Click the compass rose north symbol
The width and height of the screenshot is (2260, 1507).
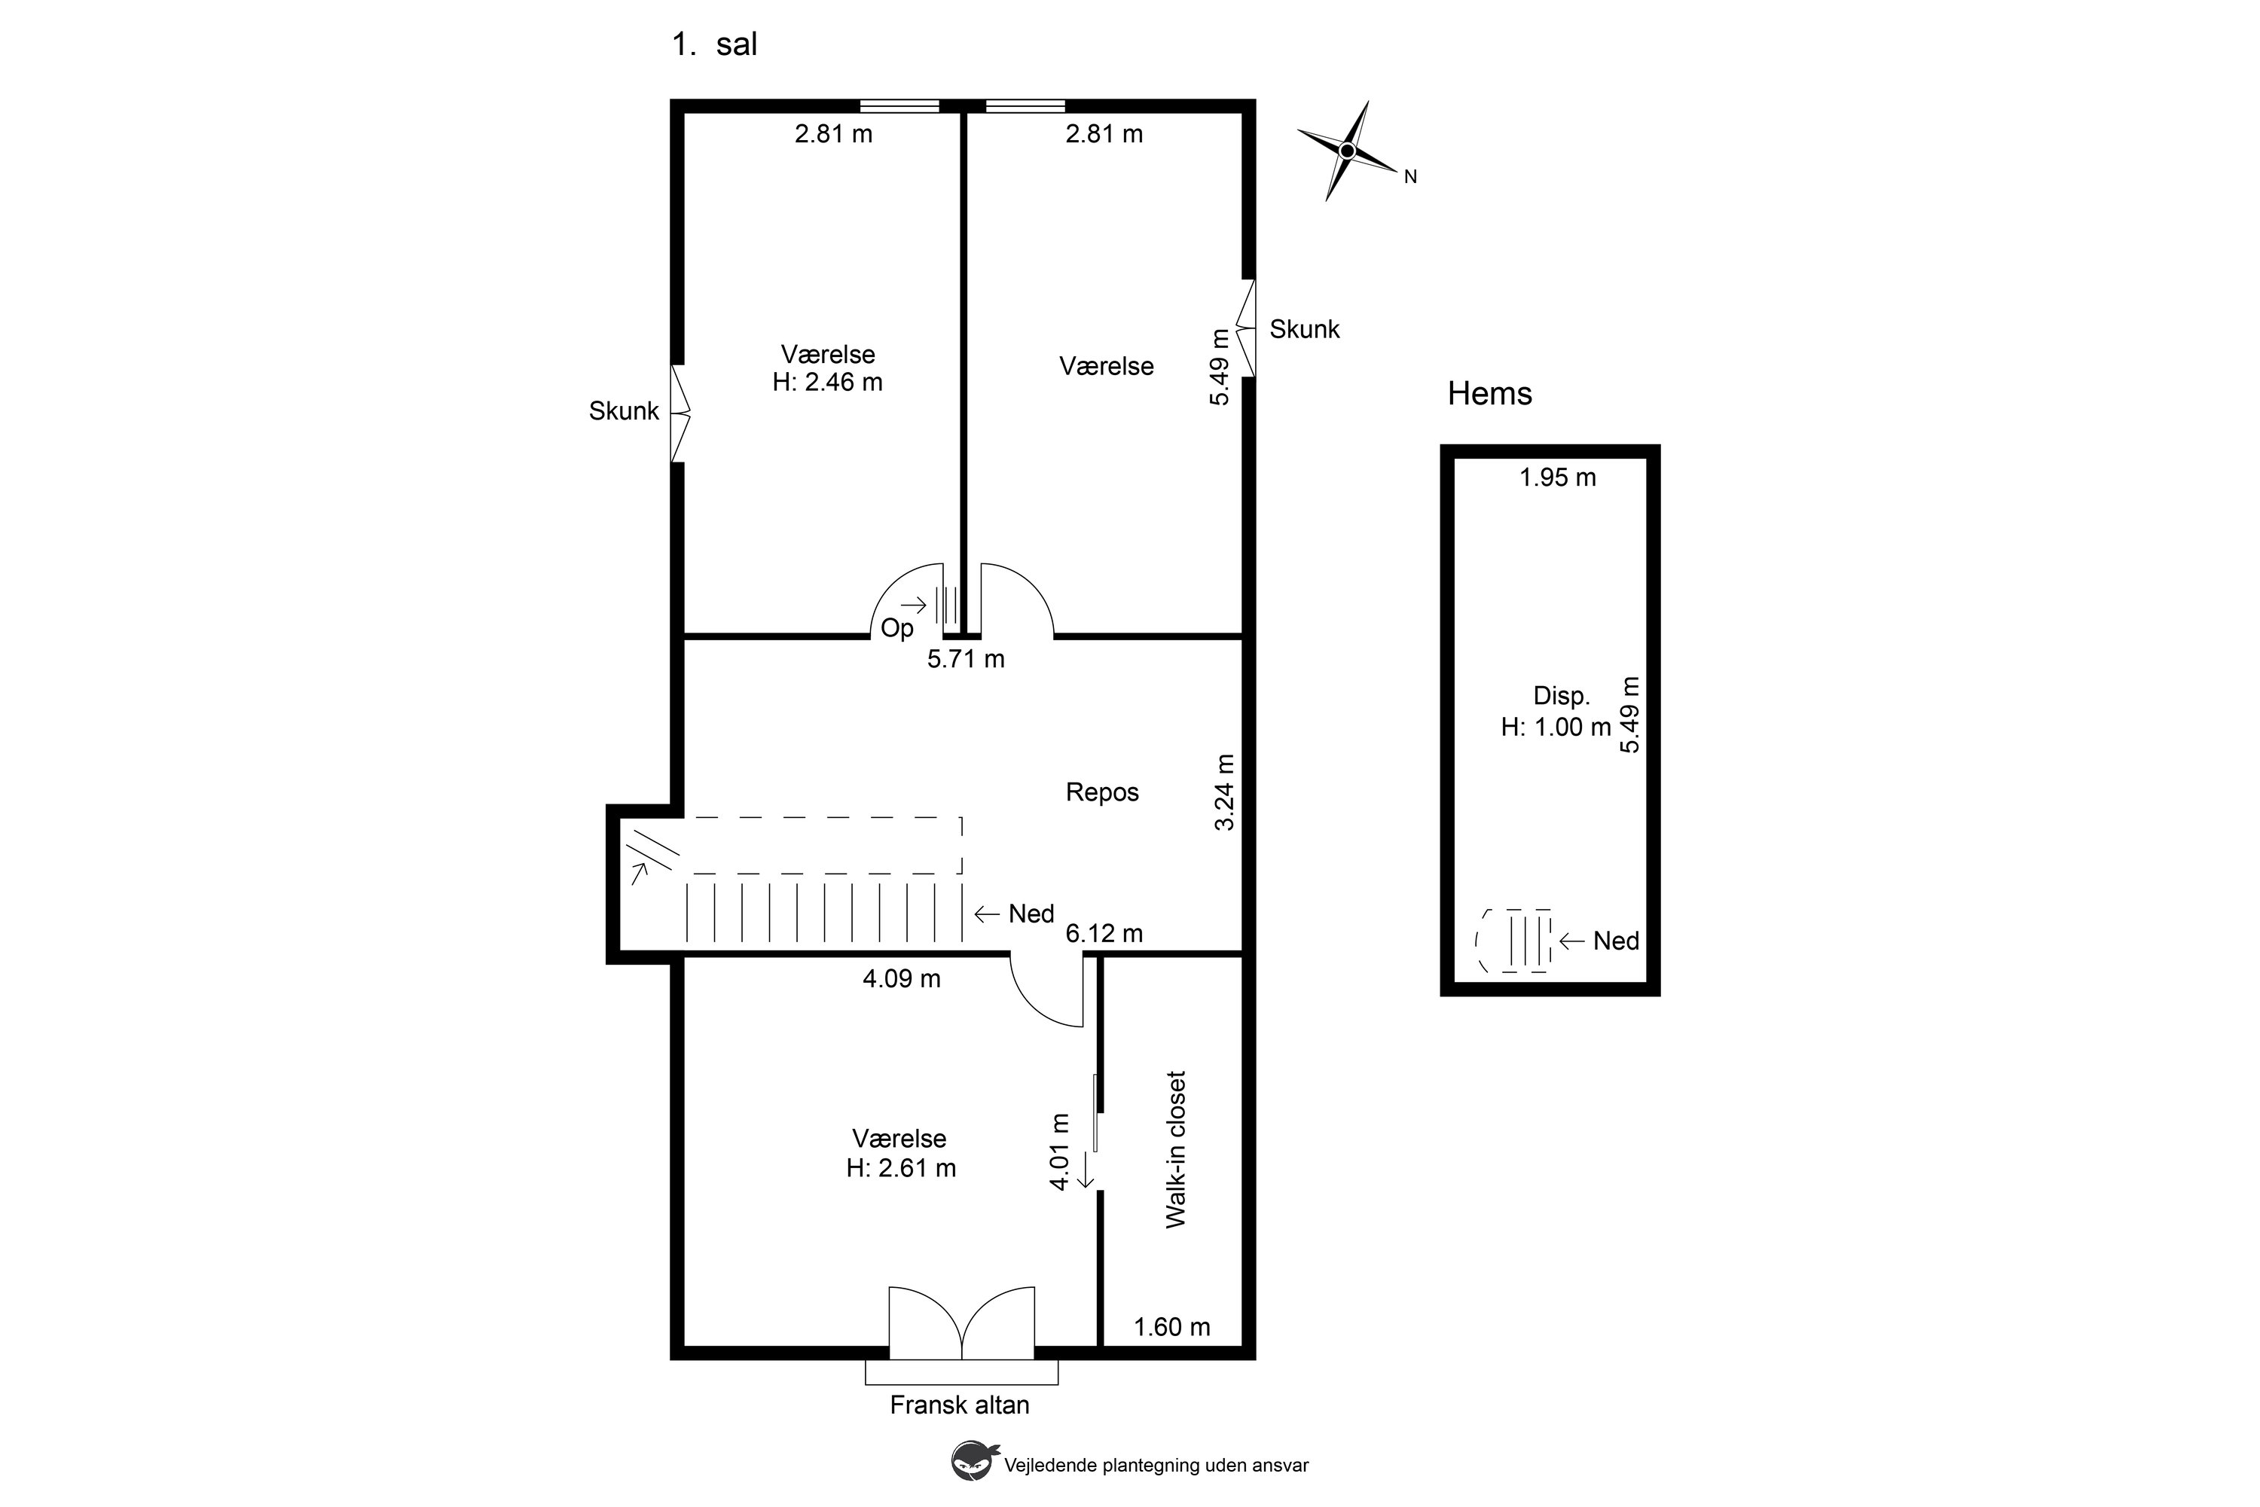pos(1347,151)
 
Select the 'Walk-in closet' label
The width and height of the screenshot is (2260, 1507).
pos(1176,1149)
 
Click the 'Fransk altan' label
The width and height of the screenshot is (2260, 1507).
pos(960,1405)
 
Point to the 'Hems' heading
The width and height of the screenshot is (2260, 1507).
pos(1489,393)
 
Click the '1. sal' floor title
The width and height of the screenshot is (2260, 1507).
pos(714,44)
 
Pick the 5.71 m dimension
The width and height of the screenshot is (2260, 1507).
pos(965,659)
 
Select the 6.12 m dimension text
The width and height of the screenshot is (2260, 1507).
pos(1104,933)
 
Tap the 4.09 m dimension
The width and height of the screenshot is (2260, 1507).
pos(901,978)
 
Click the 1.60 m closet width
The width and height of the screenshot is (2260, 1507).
pos(1172,1327)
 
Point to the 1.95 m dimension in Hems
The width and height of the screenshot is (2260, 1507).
pos(1557,477)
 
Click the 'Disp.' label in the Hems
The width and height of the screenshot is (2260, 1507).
pos(1561,696)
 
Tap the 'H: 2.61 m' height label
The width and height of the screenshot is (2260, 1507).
pos(901,1168)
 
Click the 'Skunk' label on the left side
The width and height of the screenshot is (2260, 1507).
pos(624,411)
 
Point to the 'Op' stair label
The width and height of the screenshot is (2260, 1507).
pos(897,629)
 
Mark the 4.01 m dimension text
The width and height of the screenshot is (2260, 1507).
pos(1059,1152)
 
